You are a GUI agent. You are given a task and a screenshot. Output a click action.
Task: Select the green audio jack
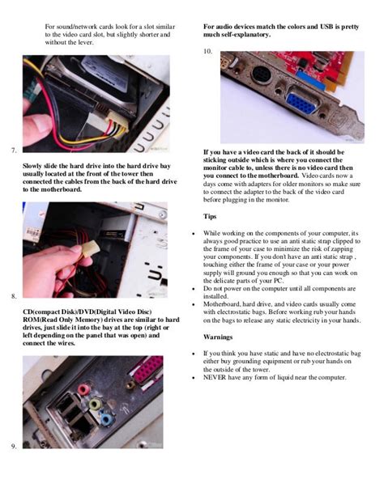click(95, 402)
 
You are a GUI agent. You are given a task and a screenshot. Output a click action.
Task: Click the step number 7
click(15, 151)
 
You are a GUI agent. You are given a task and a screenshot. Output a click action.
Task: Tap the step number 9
click(15, 447)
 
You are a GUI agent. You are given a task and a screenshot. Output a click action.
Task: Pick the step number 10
click(207, 51)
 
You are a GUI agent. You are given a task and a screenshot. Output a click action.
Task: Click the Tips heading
click(211, 216)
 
